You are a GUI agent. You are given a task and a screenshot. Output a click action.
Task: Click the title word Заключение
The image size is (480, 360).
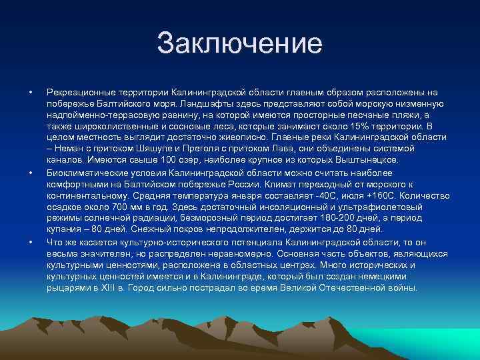(239, 45)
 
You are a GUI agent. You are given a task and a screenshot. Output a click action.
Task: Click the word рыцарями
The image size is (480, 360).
(68, 288)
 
